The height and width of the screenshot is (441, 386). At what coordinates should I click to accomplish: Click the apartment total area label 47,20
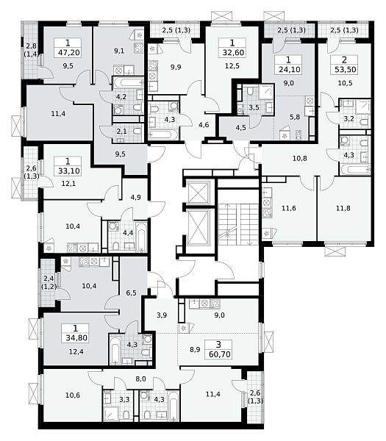68,52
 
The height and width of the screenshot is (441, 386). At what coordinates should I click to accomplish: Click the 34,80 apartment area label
75,337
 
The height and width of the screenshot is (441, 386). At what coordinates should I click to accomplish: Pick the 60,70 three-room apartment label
218,354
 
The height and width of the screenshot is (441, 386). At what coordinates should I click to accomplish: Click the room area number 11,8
343,209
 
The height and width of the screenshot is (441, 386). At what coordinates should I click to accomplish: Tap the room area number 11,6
289,209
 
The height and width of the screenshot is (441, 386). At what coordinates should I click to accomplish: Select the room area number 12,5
232,66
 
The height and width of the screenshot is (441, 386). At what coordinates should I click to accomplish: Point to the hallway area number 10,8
300,158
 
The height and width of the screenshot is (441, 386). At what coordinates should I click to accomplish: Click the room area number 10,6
73,395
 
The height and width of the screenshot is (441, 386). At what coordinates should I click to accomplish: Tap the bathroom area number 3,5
254,108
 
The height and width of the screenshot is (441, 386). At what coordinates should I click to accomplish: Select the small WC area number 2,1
121,131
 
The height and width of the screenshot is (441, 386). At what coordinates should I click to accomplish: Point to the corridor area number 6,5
131,293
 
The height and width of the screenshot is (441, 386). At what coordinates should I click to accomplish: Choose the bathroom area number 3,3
124,399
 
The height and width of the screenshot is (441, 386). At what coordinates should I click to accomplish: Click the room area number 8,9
195,350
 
